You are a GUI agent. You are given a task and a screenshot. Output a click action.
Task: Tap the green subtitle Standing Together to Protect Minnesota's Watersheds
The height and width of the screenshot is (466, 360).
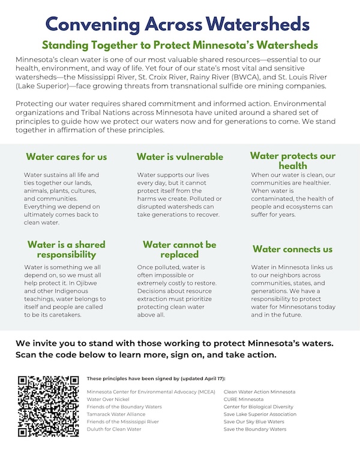tap(179, 46)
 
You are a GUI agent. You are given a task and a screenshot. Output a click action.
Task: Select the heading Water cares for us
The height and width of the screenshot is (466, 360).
tap(67, 157)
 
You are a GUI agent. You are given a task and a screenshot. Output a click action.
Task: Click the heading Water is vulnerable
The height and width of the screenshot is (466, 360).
tap(180, 157)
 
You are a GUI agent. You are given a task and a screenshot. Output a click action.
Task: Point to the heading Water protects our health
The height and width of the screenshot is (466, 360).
tap(293, 161)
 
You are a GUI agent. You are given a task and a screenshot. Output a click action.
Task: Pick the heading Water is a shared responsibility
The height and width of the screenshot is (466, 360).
tap(67, 249)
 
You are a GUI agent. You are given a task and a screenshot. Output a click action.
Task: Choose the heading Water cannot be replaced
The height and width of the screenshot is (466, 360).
tap(180, 249)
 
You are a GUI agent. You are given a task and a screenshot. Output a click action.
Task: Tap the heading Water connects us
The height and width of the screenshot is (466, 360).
tap(293, 249)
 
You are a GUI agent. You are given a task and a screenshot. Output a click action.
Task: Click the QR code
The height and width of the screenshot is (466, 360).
tap(48, 406)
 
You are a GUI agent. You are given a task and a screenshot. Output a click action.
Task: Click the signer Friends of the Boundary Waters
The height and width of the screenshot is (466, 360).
tap(124, 407)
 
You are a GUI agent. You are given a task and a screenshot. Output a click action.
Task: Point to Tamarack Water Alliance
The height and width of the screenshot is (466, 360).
tap(118, 414)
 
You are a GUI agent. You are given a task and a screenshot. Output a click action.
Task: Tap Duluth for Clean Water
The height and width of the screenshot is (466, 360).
tap(114, 429)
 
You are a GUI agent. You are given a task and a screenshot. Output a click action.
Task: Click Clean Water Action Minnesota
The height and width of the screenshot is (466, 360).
tap(259, 392)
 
